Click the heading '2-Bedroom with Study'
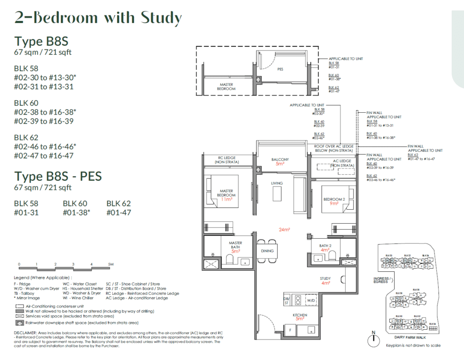coord(98,18)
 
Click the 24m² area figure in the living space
coord(284,230)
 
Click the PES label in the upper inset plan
coord(280,70)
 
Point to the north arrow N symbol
coord(373,336)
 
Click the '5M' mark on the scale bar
coord(110,264)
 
